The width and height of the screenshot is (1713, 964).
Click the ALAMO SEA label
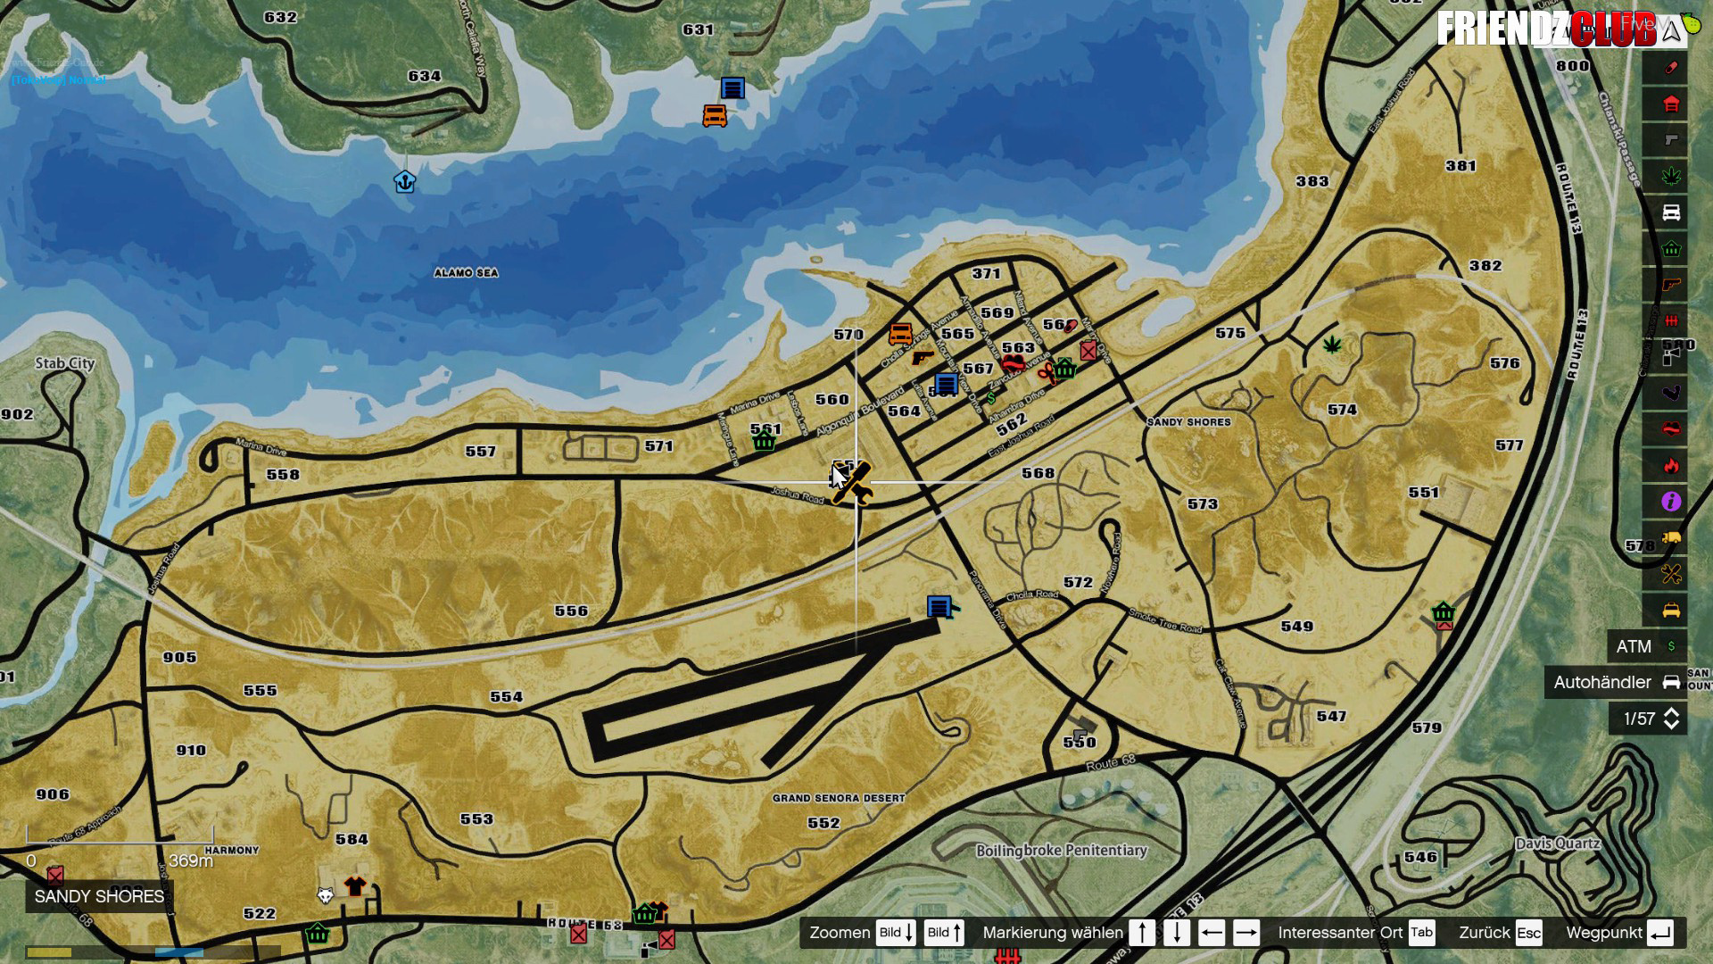pyautogui.click(x=466, y=273)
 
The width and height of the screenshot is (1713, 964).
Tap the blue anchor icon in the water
pyautogui.click(x=405, y=182)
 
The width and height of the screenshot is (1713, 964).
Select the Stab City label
pyautogui.click(x=64, y=363)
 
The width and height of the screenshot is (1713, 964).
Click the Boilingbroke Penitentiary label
pyautogui.click(x=1061, y=851)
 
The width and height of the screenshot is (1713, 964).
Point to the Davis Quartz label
pyautogui.click(x=1558, y=843)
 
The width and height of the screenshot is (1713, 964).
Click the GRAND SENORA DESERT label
pyautogui.click(x=839, y=798)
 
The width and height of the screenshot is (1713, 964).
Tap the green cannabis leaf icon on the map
pyautogui.click(x=1332, y=345)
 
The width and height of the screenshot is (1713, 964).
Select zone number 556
pyautogui.click(x=571, y=611)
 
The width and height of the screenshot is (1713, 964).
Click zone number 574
pyautogui.click(x=1342, y=410)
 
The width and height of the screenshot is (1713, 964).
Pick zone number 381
pyautogui.click(x=1461, y=166)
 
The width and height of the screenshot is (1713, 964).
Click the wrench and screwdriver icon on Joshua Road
pyautogui.click(x=851, y=483)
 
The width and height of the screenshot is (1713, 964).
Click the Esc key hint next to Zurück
pyautogui.click(x=1528, y=933)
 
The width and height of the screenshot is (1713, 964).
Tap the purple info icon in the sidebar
pyautogui.click(x=1671, y=502)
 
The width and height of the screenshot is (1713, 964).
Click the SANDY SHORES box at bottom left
pyautogui.click(x=99, y=896)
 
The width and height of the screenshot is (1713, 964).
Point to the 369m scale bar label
pyautogui.click(x=191, y=861)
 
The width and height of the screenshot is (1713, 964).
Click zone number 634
pyautogui.click(x=424, y=77)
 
